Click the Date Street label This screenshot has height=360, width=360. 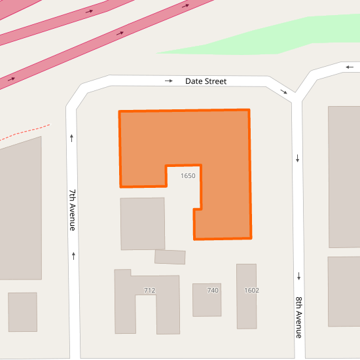pyautogui.click(x=206, y=81)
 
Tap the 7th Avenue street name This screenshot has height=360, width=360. pyautogui.click(x=73, y=209)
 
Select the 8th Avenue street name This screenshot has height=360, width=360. pyautogui.click(x=298, y=317)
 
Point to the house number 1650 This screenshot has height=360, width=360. pyautogui.click(x=188, y=176)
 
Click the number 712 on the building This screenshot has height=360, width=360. pyautogui.click(x=149, y=290)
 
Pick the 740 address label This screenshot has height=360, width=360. pyautogui.click(x=213, y=290)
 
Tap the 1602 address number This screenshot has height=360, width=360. pyautogui.click(x=251, y=290)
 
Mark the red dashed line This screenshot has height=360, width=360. pyautogui.click(x=26, y=132)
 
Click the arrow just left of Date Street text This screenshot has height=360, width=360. pyautogui.click(x=169, y=81)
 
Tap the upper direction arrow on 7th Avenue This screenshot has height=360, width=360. pyautogui.click(x=71, y=137)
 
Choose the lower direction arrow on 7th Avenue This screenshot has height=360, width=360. pyautogui.click(x=73, y=255)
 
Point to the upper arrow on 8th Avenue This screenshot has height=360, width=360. pyautogui.click(x=298, y=158)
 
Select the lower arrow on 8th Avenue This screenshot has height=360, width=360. pyautogui.click(x=298, y=276)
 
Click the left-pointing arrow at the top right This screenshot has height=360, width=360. pyautogui.click(x=350, y=67)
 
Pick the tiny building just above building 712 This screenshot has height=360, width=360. pyautogui.click(x=170, y=257)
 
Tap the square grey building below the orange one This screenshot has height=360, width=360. pyautogui.click(x=142, y=223)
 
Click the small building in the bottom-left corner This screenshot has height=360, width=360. pyautogui.click(x=22, y=312)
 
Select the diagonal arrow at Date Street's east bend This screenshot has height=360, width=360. pyautogui.click(x=284, y=92)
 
